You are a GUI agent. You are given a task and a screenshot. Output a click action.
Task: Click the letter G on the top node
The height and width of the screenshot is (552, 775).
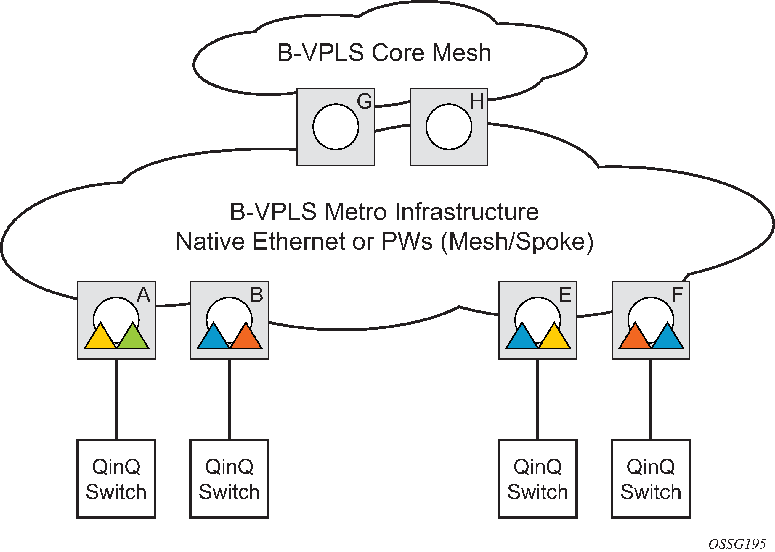tap(364, 101)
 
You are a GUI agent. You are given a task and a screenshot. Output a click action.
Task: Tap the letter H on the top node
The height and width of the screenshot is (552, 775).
tap(477, 101)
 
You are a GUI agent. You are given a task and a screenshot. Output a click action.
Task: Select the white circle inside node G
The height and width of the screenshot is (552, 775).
tap(336, 127)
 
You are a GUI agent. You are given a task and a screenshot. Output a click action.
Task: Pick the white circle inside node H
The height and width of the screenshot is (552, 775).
tap(449, 127)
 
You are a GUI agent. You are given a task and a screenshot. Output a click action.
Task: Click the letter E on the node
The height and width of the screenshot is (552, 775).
tap(565, 295)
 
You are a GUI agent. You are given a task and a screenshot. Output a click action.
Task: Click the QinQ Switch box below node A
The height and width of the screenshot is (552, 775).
tap(116, 479)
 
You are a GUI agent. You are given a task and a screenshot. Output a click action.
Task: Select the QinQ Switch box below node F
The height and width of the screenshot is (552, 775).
tap(651, 479)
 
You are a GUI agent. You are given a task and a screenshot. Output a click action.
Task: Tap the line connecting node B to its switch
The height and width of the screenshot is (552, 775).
tap(229, 399)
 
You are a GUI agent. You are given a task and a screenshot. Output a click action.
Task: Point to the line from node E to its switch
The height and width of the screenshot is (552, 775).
tap(537, 399)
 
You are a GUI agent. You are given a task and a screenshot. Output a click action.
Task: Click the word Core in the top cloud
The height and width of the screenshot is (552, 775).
tap(398, 53)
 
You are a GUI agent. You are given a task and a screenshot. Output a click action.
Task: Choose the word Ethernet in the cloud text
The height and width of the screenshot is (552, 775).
tap(299, 242)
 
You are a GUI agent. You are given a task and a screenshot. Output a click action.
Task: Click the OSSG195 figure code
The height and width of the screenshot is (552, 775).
tap(737, 544)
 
